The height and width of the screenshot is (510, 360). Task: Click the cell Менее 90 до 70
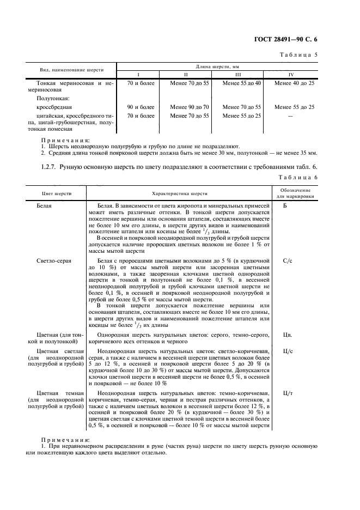[190, 107]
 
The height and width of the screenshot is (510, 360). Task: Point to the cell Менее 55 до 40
[242, 83]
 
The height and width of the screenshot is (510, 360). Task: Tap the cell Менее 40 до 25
[294, 83]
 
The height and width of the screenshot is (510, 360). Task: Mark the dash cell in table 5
[294, 116]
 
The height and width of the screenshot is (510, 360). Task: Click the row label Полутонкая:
[52, 99]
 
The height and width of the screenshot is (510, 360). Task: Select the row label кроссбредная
[54, 107]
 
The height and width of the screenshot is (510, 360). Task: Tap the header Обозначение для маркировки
[296, 193]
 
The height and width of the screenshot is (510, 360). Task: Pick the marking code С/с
[288, 261]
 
